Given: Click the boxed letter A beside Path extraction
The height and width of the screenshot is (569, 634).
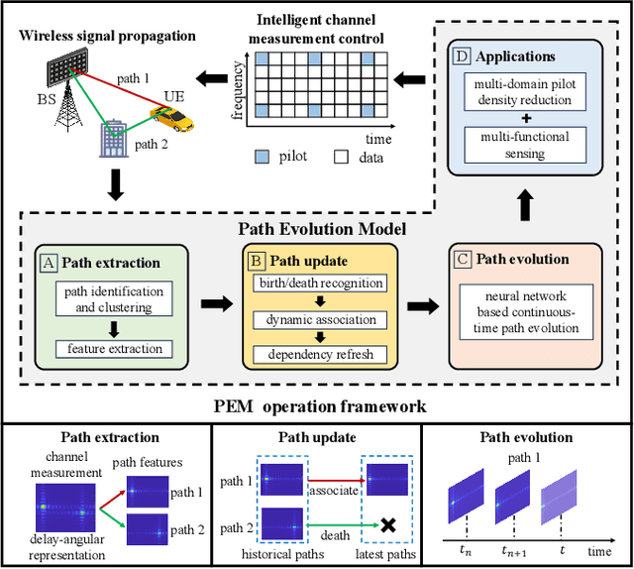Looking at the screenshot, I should tap(47, 263).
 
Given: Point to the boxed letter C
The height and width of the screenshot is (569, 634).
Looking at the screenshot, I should tap(463, 259).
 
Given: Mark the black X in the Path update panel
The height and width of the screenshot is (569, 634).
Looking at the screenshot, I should tap(388, 525).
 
